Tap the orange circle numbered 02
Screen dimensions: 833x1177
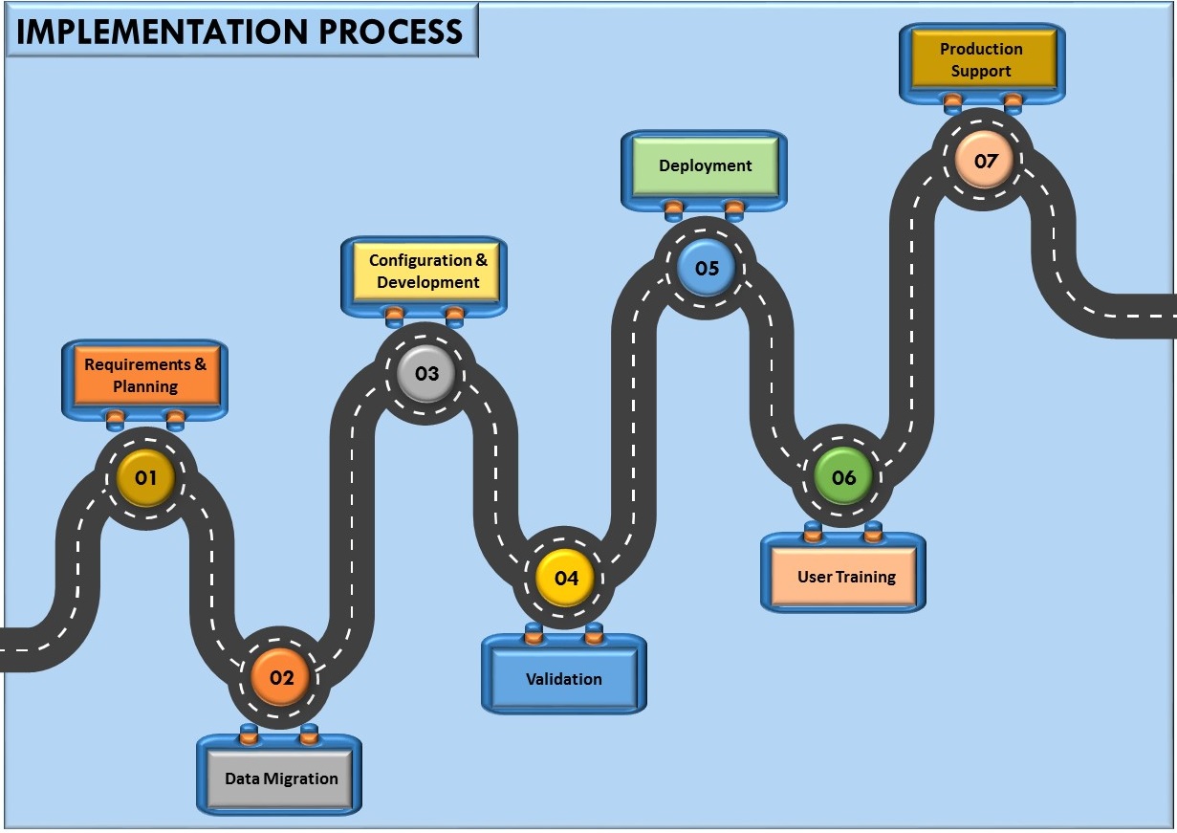click(x=280, y=678)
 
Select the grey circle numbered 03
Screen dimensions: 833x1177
click(x=426, y=373)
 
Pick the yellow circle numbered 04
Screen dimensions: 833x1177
click(x=565, y=579)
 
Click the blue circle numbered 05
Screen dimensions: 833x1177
click(x=707, y=268)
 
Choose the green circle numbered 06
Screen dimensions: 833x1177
click(x=843, y=477)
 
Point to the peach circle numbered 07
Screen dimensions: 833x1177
click(x=984, y=161)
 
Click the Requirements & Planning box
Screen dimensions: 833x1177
click(x=145, y=376)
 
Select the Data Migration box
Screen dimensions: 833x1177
click(x=280, y=778)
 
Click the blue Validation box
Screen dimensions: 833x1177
click(x=564, y=680)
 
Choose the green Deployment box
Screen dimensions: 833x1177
click(x=705, y=166)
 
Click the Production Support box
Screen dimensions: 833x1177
click(x=981, y=60)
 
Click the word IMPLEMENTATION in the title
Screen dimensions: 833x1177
click(x=163, y=32)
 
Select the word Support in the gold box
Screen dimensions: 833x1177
click(x=981, y=72)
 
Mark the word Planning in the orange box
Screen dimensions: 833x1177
click(x=145, y=387)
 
